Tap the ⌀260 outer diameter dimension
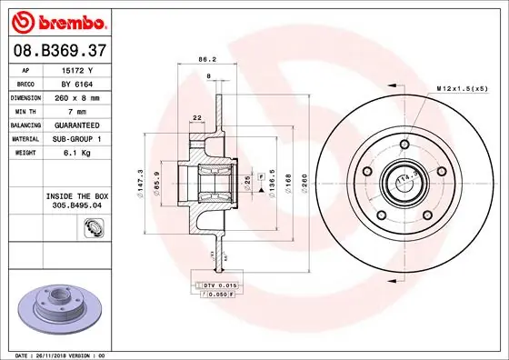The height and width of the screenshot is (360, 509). pos(305,184)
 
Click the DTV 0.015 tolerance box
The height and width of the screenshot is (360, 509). pos(219,285)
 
